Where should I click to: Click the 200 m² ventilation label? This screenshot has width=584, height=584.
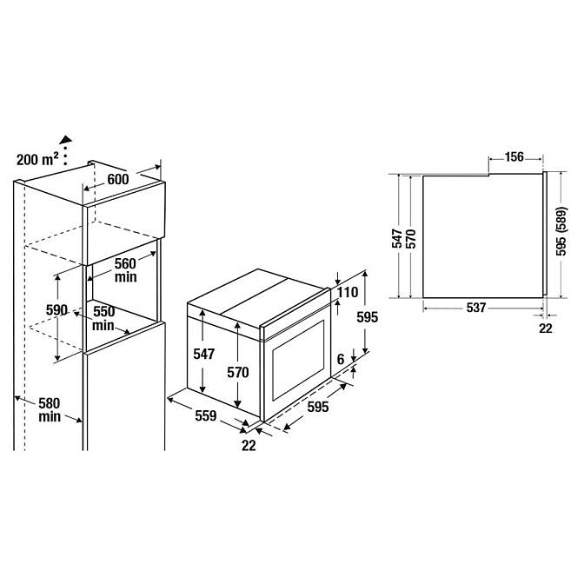pyautogui.click(x=37, y=159)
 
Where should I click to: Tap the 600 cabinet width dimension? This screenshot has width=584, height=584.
pyautogui.click(x=118, y=179)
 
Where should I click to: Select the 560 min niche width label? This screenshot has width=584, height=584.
pyautogui.click(x=125, y=270)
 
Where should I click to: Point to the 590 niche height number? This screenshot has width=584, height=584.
pyautogui.click(x=56, y=310)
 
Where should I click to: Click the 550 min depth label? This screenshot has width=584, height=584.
pyautogui.click(x=103, y=318)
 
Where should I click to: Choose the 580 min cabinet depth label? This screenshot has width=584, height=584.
pyautogui.click(x=50, y=409)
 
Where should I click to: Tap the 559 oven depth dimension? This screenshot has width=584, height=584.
pyautogui.click(x=206, y=415)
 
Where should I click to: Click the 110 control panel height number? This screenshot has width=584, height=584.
pyautogui.click(x=348, y=292)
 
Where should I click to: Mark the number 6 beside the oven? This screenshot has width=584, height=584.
pyautogui.click(x=341, y=360)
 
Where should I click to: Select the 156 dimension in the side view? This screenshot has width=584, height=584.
pyautogui.click(x=514, y=156)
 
